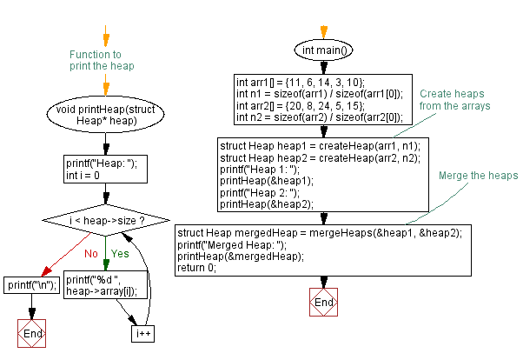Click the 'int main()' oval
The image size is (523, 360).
coord(323,50)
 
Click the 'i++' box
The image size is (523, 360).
coord(142,332)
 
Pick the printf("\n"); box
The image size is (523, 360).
coord(31,284)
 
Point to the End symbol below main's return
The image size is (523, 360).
coord(323,302)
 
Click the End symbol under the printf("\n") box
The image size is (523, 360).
coord(31,333)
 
